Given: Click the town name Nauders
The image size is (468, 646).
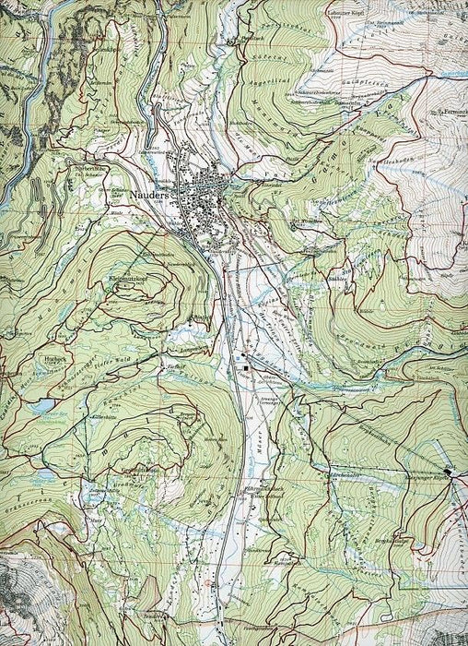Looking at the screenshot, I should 146,197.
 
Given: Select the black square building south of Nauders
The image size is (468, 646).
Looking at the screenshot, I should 247,370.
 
